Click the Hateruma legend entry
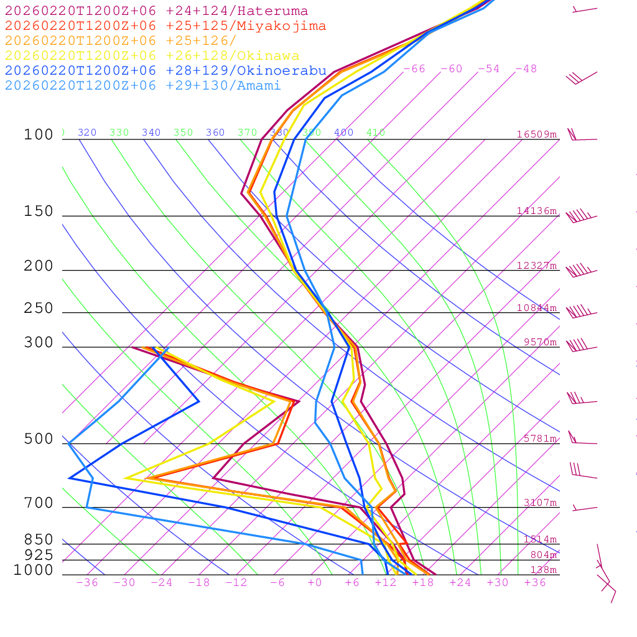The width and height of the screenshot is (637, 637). (156, 11)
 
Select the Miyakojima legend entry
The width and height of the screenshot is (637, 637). (165, 26)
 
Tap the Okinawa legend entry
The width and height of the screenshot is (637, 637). (152, 56)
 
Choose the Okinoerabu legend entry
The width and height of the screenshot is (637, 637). (165, 71)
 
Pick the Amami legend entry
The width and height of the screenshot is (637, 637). (142, 86)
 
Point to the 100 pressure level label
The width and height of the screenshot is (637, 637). (39, 135)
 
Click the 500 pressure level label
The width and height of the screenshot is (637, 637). (39, 439)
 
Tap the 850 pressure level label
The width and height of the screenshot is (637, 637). (39, 539)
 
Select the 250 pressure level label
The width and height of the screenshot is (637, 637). (39, 309)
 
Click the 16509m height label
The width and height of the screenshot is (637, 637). (536, 134)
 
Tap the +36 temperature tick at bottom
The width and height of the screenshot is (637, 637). (534, 583)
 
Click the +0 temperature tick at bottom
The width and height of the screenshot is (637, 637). (315, 583)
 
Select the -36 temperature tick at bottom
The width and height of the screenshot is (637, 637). (86, 583)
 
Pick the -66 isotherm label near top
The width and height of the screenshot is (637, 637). (414, 69)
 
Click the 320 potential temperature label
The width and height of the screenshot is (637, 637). (87, 133)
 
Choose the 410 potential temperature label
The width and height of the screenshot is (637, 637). (376, 133)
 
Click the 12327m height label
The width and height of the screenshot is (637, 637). (536, 266)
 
